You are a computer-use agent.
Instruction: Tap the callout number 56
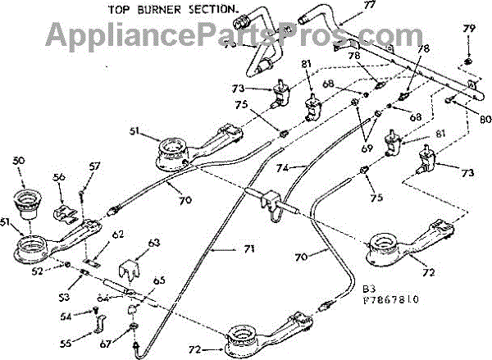coord(59,175)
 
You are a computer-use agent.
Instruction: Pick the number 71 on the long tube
coord(225,248)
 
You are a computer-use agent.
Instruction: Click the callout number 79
coord(469,29)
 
